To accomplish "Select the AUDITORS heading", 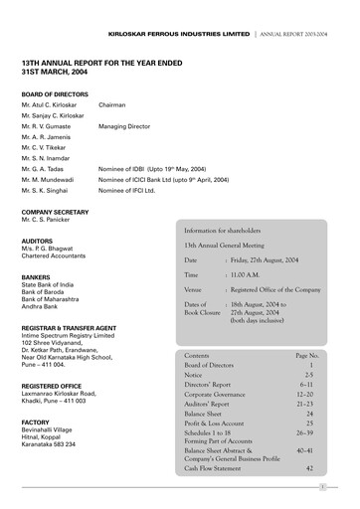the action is [x=37, y=240].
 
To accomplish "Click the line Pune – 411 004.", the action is [x=48, y=365].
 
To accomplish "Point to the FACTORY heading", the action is [x=37, y=422].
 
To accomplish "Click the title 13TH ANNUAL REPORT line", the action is [x=102, y=62].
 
